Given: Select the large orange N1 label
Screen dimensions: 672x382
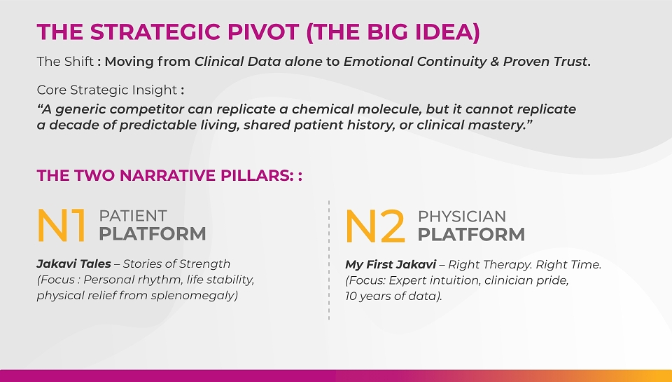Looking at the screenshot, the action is [62, 225].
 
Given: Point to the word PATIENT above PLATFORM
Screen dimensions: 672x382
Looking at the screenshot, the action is [133, 216].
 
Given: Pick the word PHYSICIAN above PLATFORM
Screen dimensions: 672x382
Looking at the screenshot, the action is [461, 217].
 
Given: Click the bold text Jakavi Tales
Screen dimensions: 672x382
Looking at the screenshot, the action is [73, 264].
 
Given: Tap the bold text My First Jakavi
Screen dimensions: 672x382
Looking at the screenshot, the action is [391, 264].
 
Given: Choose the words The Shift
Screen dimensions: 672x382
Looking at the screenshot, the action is [65, 62].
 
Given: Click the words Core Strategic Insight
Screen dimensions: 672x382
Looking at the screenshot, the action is [106, 90].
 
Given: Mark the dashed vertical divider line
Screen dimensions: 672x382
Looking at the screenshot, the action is [329, 260].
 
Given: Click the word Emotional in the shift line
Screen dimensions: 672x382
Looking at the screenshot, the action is [379, 62].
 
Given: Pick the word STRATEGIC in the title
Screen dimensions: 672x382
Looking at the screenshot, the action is [156, 32].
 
